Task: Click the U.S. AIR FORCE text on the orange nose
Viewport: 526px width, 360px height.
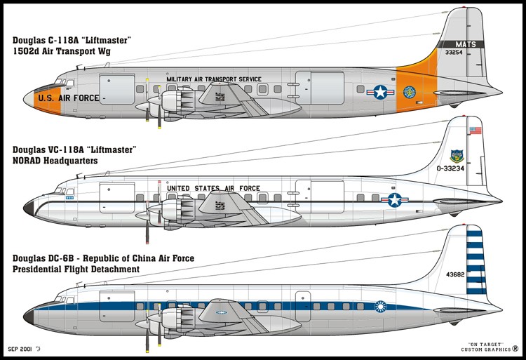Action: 69,98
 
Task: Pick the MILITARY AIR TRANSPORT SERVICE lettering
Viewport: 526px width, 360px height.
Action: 214,79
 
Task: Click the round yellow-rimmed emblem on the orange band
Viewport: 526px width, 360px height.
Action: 410,91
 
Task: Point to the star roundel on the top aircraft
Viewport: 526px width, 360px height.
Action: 380,91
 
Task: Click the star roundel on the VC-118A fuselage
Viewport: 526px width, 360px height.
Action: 394,201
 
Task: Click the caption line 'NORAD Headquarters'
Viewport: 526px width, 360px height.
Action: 53,161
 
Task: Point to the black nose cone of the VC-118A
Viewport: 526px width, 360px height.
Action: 29,206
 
